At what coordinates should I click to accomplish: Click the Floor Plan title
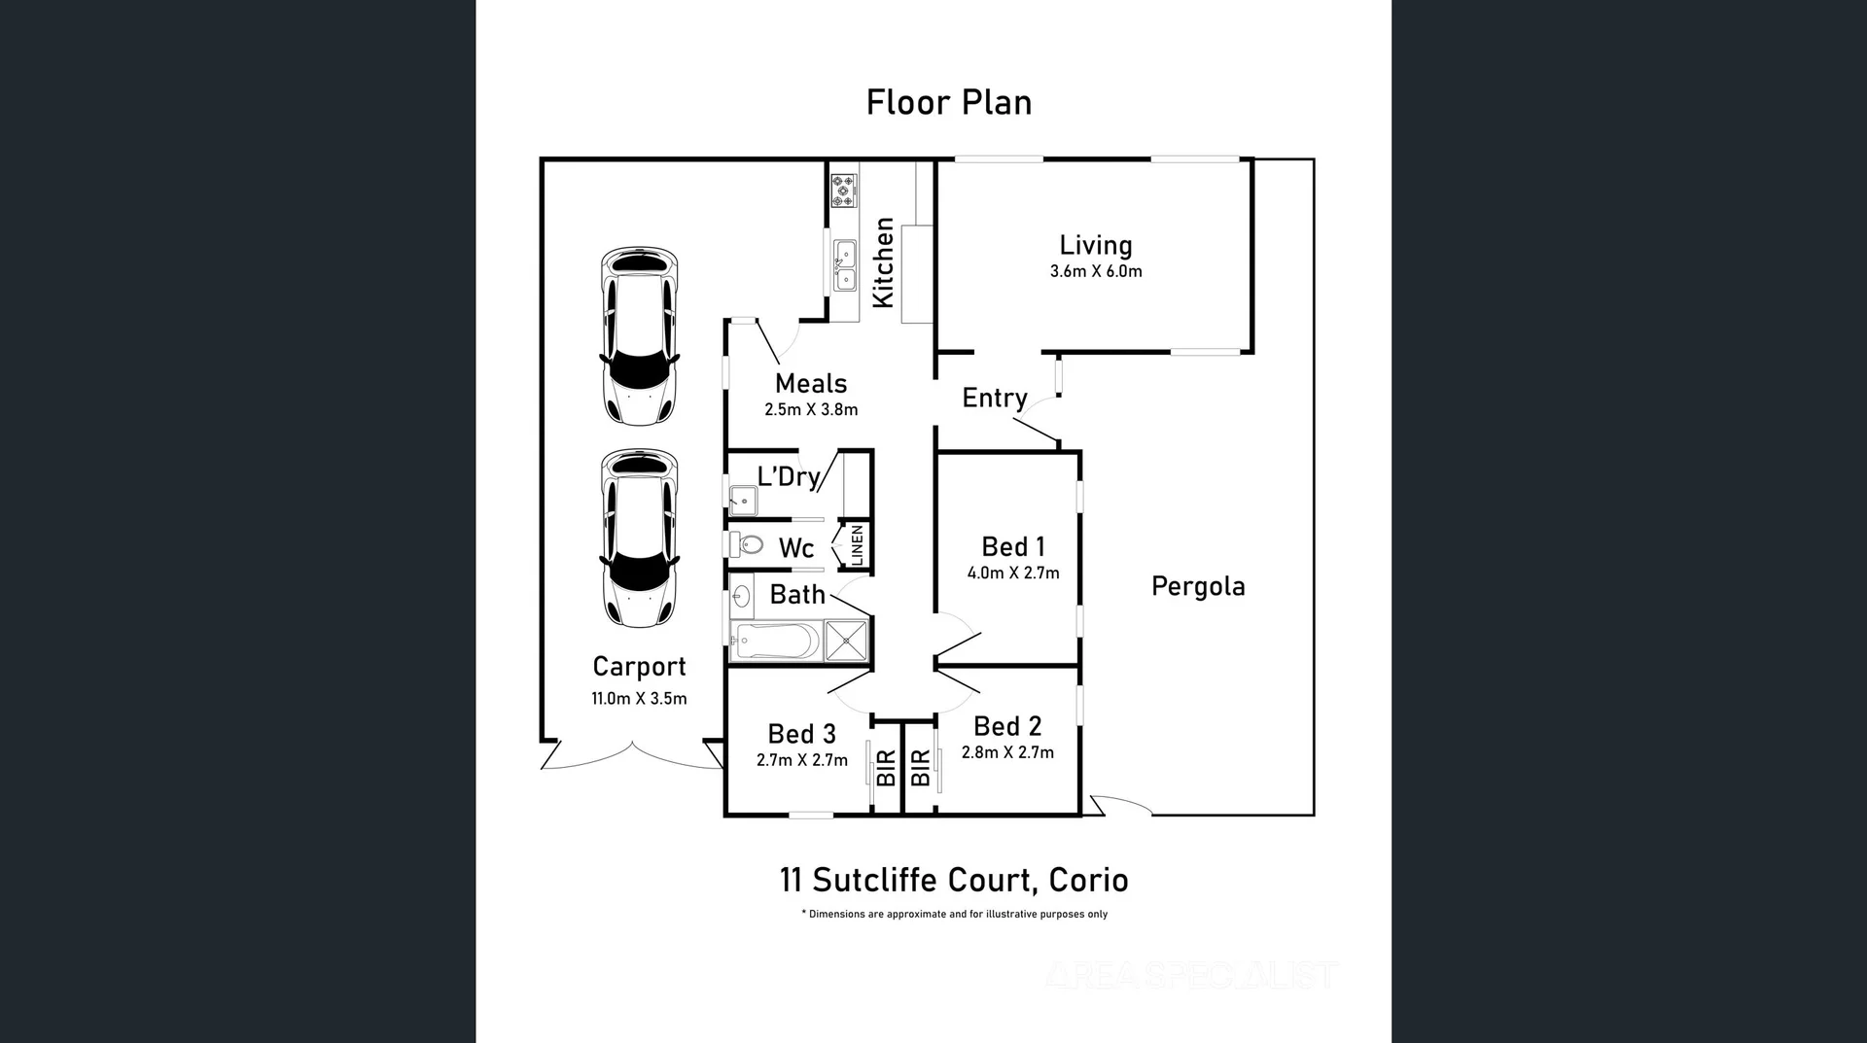pyautogui.click(x=948, y=103)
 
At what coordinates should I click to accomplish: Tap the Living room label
pyautogui.click(x=1095, y=246)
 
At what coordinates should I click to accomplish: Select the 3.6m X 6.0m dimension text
pyautogui.click(x=1095, y=272)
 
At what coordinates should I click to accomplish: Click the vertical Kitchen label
pyautogui.click(x=883, y=262)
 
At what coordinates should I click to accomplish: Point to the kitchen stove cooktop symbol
pyautogui.click(x=843, y=191)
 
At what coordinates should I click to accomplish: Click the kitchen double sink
pyautogui.click(x=845, y=265)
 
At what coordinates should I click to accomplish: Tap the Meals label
pyautogui.click(x=810, y=384)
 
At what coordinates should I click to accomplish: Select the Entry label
pyautogui.click(x=994, y=399)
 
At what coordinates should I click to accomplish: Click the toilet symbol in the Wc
pyautogui.click(x=747, y=543)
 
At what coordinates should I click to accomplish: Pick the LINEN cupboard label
pyautogui.click(x=857, y=545)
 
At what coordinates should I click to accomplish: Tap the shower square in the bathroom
pyautogui.click(x=846, y=641)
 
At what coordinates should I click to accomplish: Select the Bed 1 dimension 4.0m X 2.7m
pyautogui.click(x=1012, y=574)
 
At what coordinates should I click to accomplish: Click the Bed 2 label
pyautogui.click(x=1006, y=726)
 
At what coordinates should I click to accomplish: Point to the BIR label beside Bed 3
pyautogui.click(x=886, y=768)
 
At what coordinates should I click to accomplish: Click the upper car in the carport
pyautogui.click(x=639, y=336)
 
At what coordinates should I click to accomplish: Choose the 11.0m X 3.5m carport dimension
pyautogui.click(x=639, y=699)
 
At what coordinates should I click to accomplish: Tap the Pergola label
pyautogui.click(x=1197, y=587)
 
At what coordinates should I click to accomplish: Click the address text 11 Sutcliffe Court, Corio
pyautogui.click(x=953, y=881)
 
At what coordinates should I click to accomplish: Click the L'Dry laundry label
pyautogui.click(x=788, y=476)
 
